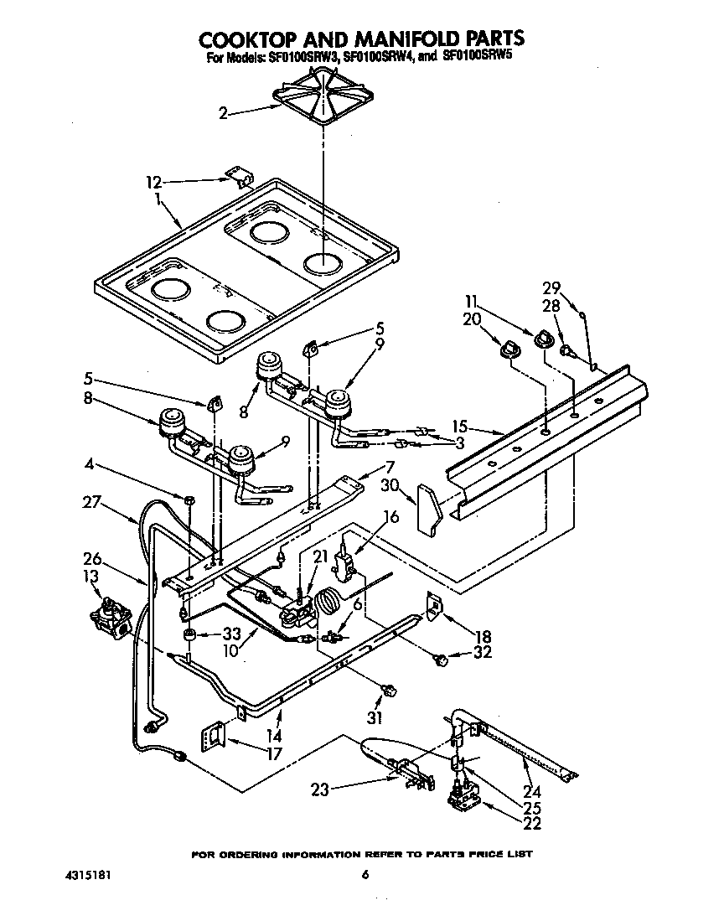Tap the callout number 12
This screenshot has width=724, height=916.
coord(153,182)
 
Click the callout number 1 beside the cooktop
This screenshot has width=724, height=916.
coord(158,199)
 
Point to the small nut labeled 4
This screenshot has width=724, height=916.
coord(190,500)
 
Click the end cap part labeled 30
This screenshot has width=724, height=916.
coord(429,510)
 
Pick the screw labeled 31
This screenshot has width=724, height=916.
coord(389,691)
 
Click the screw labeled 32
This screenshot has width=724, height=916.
coord(439,661)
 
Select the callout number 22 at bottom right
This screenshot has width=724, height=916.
coord(531,823)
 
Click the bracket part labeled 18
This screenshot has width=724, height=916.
coord(433,605)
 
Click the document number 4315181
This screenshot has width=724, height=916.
coord(89,876)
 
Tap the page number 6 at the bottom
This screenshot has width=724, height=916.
coord(365,876)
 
